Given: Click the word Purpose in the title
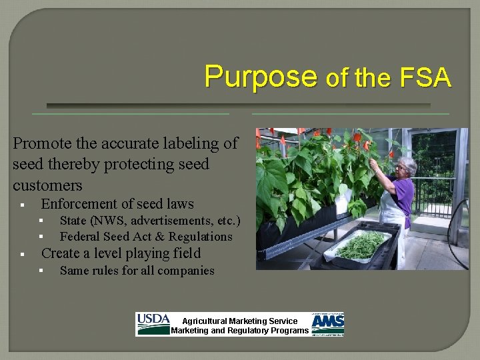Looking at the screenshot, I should (x=261, y=77).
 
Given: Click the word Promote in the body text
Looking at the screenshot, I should (x=41, y=143).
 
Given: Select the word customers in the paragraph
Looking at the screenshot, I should (x=47, y=185).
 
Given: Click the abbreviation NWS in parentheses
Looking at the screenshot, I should (x=109, y=221).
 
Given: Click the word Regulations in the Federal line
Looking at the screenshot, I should (x=200, y=237).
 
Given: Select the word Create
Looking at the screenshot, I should (x=62, y=253).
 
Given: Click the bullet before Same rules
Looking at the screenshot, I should (x=41, y=271).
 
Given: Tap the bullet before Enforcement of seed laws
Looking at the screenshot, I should (x=22, y=205).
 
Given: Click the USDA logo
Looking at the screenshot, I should (x=153, y=324).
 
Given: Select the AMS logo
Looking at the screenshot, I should (x=328, y=324).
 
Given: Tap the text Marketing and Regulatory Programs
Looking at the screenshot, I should (x=240, y=331).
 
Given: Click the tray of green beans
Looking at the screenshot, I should (x=360, y=246).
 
